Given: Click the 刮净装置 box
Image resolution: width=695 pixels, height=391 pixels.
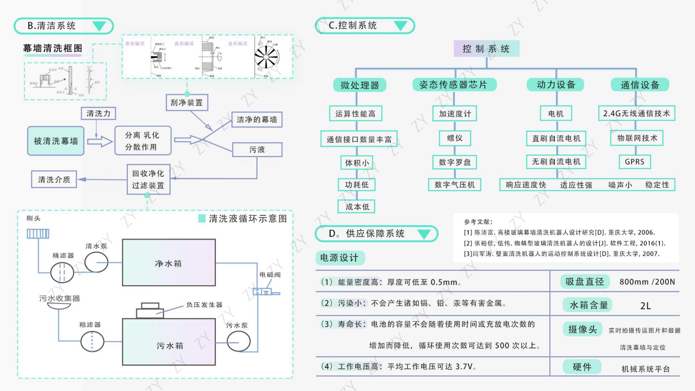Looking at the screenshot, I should click(187, 103).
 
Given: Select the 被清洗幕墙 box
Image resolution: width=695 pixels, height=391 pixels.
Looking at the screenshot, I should click(56, 141).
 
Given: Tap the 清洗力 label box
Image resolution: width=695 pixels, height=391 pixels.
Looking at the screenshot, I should click(98, 114).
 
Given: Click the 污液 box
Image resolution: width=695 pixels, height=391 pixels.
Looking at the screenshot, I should click(257, 149).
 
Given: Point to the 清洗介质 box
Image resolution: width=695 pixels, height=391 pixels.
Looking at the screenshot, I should click(54, 179).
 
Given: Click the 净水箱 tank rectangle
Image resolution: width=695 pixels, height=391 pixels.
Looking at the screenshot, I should click(169, 263).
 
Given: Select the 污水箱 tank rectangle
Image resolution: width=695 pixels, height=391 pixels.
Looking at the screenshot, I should click(169, 342).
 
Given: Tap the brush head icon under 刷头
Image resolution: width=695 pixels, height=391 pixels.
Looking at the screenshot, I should click(38, 234).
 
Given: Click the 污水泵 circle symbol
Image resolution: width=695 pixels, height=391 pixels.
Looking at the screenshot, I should click(239, 341).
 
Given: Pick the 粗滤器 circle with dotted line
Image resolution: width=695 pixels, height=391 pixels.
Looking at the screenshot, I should click(92, 342).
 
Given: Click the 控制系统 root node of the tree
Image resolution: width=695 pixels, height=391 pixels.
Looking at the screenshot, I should click(486, 49).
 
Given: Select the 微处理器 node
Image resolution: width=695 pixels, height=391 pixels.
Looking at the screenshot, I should click(360, 85).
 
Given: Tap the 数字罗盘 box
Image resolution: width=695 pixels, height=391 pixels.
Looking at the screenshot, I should click(455, 162).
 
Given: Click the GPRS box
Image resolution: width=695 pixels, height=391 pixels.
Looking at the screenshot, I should click(635, 162).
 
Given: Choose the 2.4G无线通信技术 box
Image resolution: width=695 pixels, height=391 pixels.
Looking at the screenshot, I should click(636, 113).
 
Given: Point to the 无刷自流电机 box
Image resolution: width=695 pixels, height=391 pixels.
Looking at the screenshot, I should click(556, 162).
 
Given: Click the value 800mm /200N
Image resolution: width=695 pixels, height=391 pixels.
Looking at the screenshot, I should click(647, 282).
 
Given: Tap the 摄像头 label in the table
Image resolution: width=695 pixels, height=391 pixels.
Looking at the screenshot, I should click(582, 329).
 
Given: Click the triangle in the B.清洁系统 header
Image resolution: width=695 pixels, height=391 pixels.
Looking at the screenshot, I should click(99, 26).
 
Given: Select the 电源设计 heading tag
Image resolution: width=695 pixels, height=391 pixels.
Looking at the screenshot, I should click(339, 258).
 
